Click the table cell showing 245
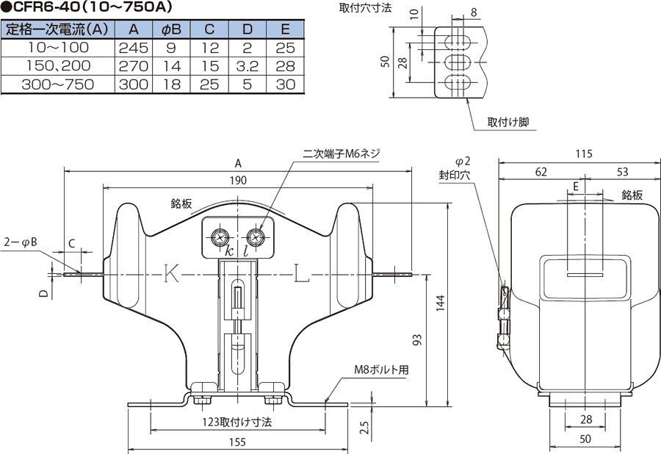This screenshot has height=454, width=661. pyautogui.click(x=134, y=48)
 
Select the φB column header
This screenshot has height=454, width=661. pyautogui.click(x=171, y=29)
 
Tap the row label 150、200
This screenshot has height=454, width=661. pyautogui.click(x=58, y=66)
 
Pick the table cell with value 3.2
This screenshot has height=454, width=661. pyautogui.click(x=248, y=66)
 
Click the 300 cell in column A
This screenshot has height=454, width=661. pyautogui.click(x=134, y=84)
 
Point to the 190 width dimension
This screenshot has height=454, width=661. pyautogui.click(x=238, y=181)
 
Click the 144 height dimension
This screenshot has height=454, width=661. pyautogui.click(x=440, y=303)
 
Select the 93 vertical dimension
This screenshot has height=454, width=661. pyautogui.click(x=416, y=339)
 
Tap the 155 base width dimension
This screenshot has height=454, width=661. pyautogui.click(x=237, y=442)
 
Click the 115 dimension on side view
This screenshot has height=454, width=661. pyautogui.click(x=584, y=154)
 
